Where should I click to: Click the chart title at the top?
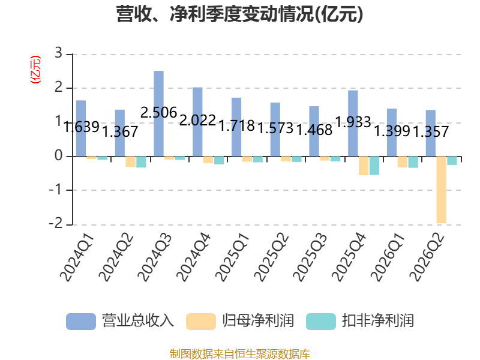point(239,14)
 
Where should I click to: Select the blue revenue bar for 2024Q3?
point(158,113)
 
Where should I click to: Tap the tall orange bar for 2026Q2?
point(441,190)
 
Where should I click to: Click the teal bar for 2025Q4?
point(374,166)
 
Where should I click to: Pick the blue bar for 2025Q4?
point(353,124)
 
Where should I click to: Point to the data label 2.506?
point(158,113)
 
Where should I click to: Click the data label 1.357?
point(431,131)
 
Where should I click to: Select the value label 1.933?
point(353,122)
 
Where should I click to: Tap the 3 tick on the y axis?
point(58,53)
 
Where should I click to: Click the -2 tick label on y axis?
point(56,224)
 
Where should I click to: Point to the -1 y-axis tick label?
point(56,190)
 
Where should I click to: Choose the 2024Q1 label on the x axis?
point(77,257)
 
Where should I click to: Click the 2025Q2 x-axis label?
point(271,257)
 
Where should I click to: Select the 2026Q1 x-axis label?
point(388,257)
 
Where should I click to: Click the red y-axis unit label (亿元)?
point(35,70)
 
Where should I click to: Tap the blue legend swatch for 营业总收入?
point(81,322)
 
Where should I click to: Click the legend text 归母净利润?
point(258,321)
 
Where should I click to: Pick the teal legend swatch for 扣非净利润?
point(321,322)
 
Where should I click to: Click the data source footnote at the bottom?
point(240,353)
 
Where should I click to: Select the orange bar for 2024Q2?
point(130,161)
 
